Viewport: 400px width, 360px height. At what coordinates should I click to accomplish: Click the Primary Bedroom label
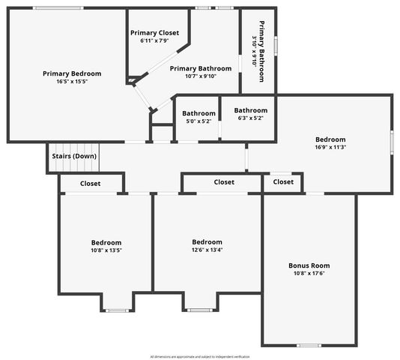click(72, 73)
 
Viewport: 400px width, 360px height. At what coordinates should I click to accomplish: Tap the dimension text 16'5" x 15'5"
click(72, 82)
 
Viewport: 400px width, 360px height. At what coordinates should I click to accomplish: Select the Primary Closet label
click(155, 32)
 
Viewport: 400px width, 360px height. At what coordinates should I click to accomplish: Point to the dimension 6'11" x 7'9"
click(155, 40)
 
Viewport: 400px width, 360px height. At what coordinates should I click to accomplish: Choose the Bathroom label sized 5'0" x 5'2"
click(199, 113)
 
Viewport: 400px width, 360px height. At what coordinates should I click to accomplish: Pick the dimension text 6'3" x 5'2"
click(250, 118)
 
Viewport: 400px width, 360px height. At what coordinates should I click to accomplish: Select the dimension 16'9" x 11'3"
click(330, 148)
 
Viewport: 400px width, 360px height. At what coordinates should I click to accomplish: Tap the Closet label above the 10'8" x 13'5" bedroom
click(91, 183)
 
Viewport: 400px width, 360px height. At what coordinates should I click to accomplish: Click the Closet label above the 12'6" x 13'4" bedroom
click(224, 181)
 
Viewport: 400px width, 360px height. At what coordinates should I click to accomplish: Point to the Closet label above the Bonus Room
click(283, 181)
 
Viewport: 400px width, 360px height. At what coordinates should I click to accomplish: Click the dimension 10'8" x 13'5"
click(106, 251)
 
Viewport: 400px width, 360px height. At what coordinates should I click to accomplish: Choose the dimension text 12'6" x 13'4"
click(207, 250)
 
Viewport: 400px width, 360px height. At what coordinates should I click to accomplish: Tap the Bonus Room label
click(309, 265)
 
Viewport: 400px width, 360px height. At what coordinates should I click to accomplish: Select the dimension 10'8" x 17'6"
click(309, 274)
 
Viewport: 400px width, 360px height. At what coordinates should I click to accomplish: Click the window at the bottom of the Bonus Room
click(309, 345)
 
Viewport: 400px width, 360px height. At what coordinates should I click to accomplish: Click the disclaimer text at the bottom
click(200, 356)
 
